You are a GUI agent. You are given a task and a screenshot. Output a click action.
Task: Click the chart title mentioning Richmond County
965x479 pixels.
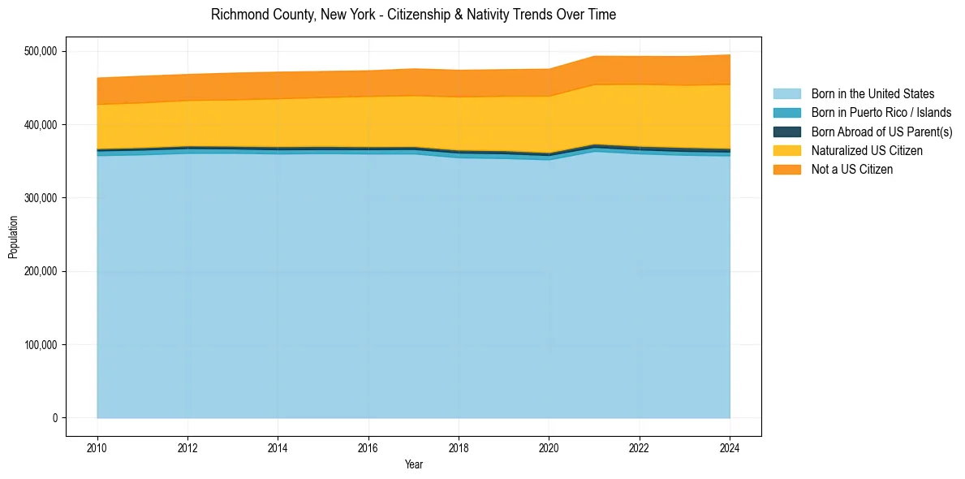[413, 15]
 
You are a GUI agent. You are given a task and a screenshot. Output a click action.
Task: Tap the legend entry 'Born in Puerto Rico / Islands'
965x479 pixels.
[881, 113]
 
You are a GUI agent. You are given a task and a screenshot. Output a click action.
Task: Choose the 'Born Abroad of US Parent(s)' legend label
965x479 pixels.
[881, 132]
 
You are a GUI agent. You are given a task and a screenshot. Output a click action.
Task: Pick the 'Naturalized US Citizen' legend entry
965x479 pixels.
[867, 150]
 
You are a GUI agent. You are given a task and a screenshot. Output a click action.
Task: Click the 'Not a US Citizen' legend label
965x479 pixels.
[851, 170]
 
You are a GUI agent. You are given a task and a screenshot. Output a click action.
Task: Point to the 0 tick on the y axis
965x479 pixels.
[54, 418]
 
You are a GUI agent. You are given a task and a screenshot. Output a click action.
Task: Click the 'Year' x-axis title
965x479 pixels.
[414, 465]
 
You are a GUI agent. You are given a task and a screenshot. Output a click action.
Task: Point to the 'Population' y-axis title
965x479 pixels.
[13, 237]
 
